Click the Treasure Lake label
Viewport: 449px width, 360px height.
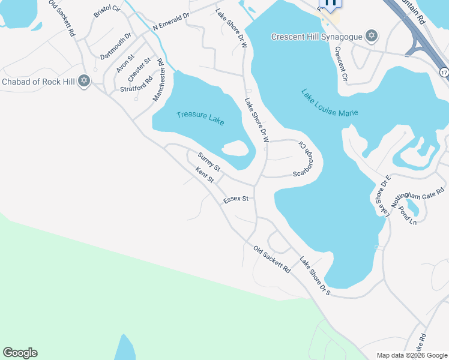[x=200, y=117]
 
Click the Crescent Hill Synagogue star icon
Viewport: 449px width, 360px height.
[x=372, y=37]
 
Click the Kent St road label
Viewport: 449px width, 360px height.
[x=205, y=176]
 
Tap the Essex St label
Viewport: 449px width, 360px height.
[x=236, y=199]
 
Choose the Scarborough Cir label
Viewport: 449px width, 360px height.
[x=304, y=159]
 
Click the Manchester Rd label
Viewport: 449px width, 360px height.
[x=158, y=80]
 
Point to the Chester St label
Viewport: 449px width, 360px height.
[x=139, y=71]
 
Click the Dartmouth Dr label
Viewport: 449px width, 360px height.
[x=115, y=47]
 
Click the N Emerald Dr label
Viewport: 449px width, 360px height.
[x=170, y=22]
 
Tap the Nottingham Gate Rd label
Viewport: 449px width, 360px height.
[x=417, y=197]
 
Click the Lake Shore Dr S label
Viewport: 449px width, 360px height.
[x=316, y=277]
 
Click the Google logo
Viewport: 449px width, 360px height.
[x=20, y=353]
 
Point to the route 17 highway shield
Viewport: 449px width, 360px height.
[x=444, y=72]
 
